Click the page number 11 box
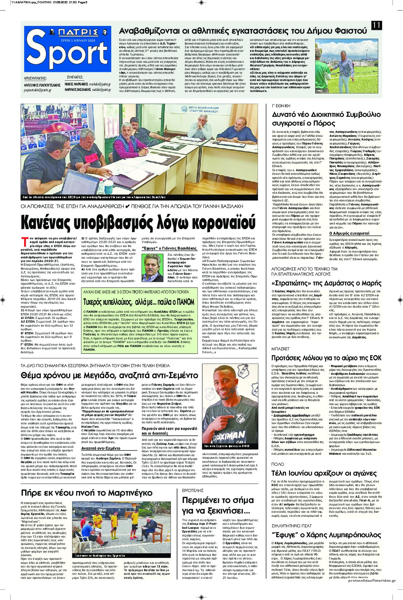tap(377, 26)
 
